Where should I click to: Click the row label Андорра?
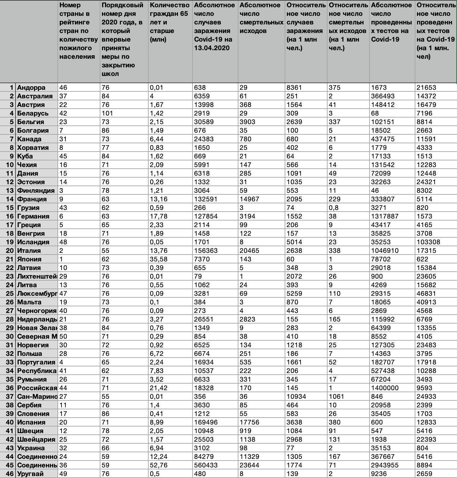click(31, 87)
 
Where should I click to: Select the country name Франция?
click(32, 199)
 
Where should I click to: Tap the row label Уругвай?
click(30, 474)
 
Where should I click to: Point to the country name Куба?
click(25, 156)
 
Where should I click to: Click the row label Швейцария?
click(36, 439)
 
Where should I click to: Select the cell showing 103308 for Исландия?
click(428, 242)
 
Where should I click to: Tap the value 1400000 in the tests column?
click(385, 388)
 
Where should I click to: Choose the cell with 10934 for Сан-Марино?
click(296, 396)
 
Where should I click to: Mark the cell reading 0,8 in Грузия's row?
click(334, 208)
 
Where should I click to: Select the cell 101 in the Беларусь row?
click(107, 113)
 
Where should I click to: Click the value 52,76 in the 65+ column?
click(159, 465)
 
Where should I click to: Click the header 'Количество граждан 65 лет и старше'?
click(169, 22)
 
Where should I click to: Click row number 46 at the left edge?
click(10, 474)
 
